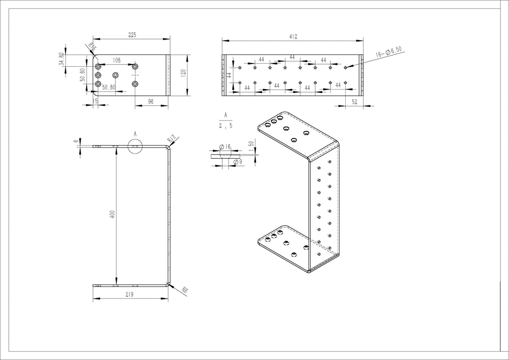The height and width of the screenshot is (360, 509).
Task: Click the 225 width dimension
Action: tap(132, 35)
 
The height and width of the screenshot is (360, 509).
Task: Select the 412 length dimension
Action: tap(293, 37)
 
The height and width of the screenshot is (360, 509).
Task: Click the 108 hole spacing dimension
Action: tap(116, 61)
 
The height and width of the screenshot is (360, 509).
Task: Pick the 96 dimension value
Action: tap(151, 101)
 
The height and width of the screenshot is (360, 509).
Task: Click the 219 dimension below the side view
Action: tap(130, 294)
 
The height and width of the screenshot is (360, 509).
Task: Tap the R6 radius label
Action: tap(184, 290)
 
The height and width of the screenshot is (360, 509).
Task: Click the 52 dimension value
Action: tap(354, 101)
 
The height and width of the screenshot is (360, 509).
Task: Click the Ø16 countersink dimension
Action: tap(225, 146)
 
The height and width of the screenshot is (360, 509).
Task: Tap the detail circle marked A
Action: tap(135, 146)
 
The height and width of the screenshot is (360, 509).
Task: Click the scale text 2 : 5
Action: tap(225, 126)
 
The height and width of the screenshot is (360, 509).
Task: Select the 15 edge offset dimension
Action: tap(95, 101)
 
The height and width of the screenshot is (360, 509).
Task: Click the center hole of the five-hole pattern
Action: tap(115, 75)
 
